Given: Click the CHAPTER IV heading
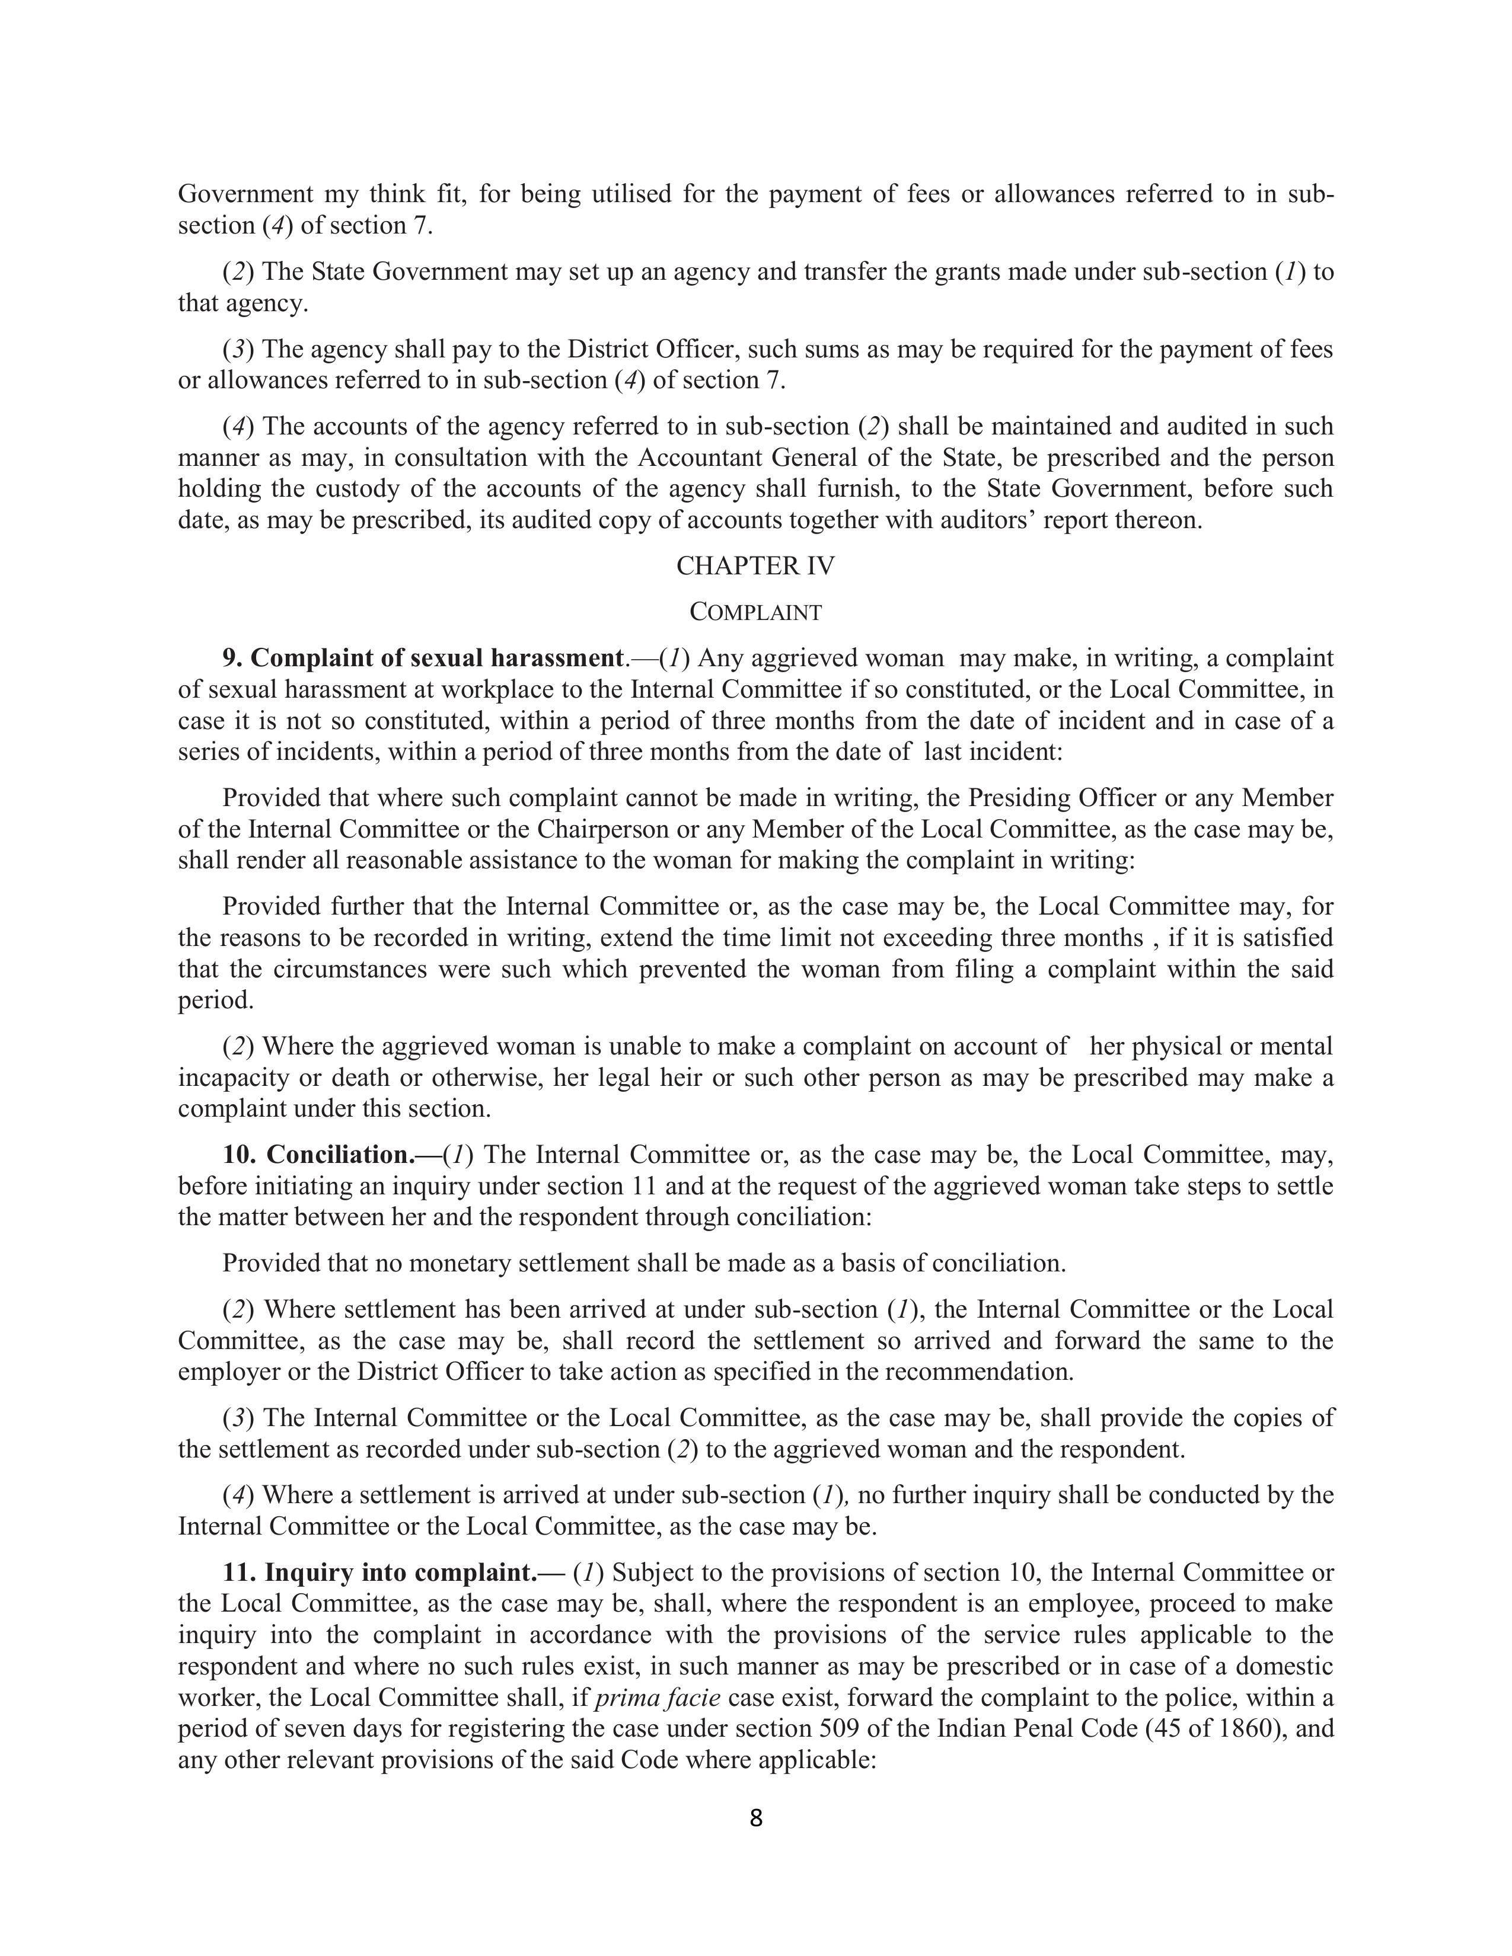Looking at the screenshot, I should coord(755,566).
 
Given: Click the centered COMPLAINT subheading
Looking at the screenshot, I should coord(755,613).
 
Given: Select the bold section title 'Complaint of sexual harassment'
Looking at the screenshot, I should coord(436,659).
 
